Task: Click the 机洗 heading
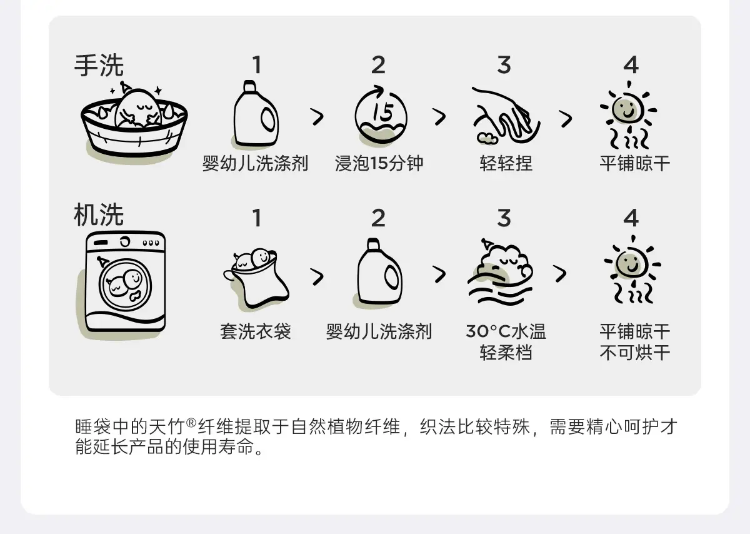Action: point(99,214)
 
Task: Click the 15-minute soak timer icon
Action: point(381,114)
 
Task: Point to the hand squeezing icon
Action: point(506,115)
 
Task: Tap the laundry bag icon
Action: point(256,278)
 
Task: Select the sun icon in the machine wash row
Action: point(632,270)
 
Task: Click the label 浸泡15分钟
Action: point(379,163)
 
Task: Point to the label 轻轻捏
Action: point(506,163)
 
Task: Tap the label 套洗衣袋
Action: point(256,331)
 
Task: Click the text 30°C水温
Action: point(506,331)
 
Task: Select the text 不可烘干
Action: point(635,353)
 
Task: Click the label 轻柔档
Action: point(506,353)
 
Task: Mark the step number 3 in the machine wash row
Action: point(504,218)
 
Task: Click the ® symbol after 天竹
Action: point(191,423)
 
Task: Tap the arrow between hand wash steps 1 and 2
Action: point(317,117)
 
